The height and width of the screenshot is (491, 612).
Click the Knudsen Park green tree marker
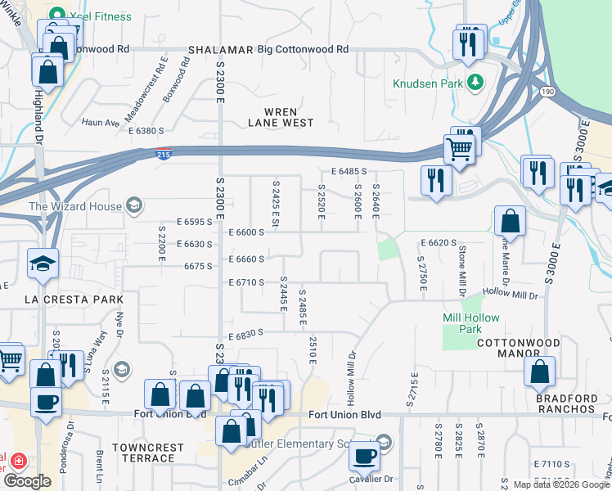tap(475, 83)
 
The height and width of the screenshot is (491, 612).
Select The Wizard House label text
tap(75, 206)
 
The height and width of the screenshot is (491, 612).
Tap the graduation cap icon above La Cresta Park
tap(43, 264)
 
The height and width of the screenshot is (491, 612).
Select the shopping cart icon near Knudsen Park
tap(460, 150)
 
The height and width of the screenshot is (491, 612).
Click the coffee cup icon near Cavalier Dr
tap(365, 455)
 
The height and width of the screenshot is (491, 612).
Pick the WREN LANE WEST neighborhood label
tap(281, 117)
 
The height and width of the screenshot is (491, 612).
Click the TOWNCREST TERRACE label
tap(143, 453)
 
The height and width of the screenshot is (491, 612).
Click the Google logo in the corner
tap(27, 482)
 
